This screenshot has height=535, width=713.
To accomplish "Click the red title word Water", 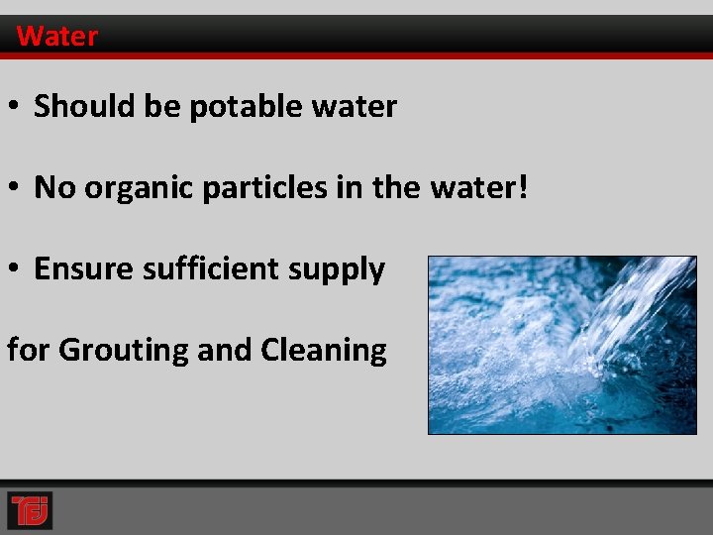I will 57,37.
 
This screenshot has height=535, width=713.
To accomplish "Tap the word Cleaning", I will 323,350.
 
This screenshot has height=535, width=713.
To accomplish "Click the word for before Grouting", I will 29,350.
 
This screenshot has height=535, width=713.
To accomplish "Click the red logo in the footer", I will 29,509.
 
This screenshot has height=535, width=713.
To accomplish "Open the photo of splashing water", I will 561,345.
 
